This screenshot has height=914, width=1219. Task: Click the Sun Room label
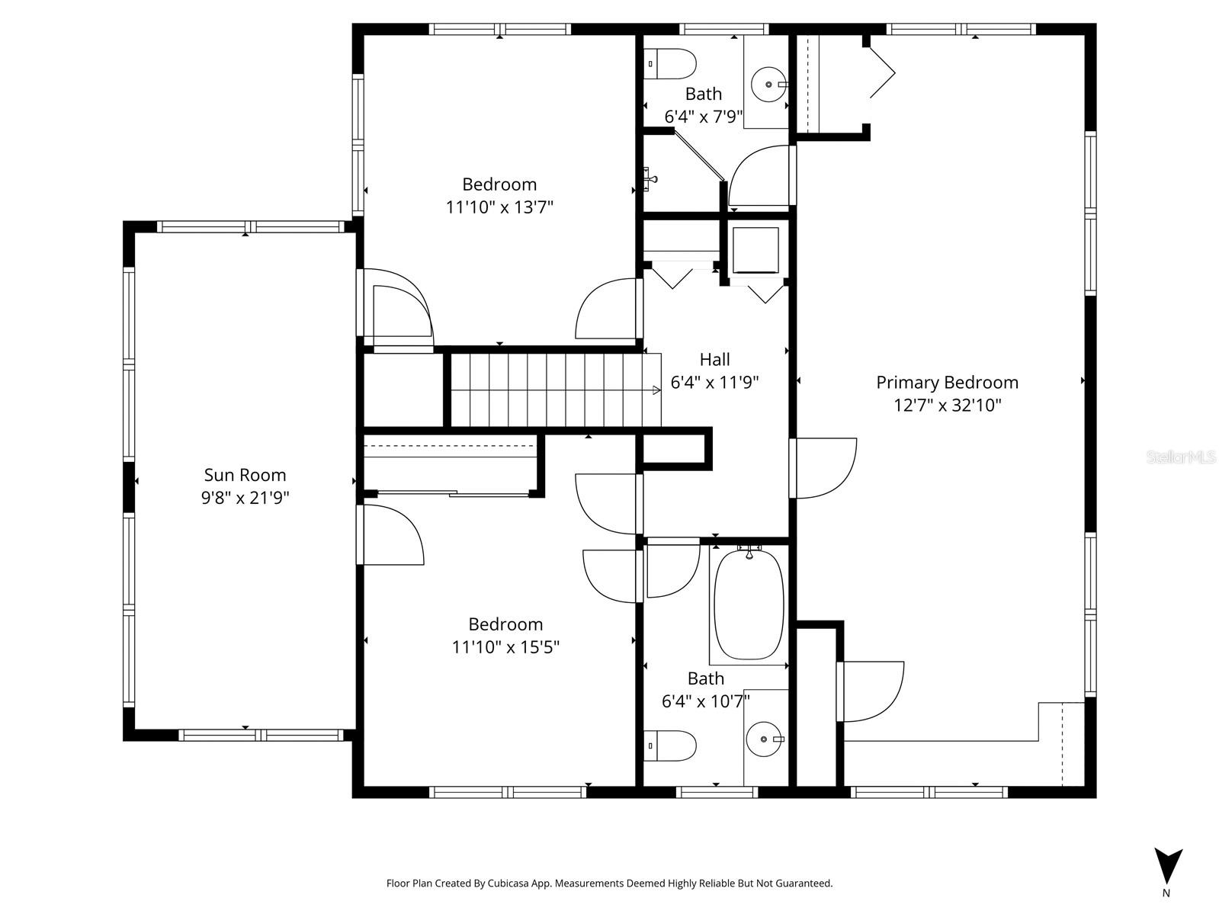click(245, 475)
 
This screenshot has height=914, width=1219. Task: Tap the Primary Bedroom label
click(947, 383)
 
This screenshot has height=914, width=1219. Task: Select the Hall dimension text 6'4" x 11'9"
click(714, 383)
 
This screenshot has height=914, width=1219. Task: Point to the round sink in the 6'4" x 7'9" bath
click(768, 84)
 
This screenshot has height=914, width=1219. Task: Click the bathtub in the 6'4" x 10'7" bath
click(748, 604)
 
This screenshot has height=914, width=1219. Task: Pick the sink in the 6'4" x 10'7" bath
click(764, 739)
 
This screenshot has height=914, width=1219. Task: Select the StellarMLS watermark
click(1182, 457)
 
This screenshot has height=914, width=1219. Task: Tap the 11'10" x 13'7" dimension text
click(499, 207)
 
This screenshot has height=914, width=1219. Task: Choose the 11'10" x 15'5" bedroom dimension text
click(505, 647)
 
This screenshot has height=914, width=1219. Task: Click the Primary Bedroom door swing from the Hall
click(825, 468)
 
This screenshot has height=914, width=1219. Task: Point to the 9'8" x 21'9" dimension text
click(245, 498)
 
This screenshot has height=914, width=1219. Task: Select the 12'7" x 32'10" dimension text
click(947, 406)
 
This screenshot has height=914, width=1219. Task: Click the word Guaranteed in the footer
click(805, 884)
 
